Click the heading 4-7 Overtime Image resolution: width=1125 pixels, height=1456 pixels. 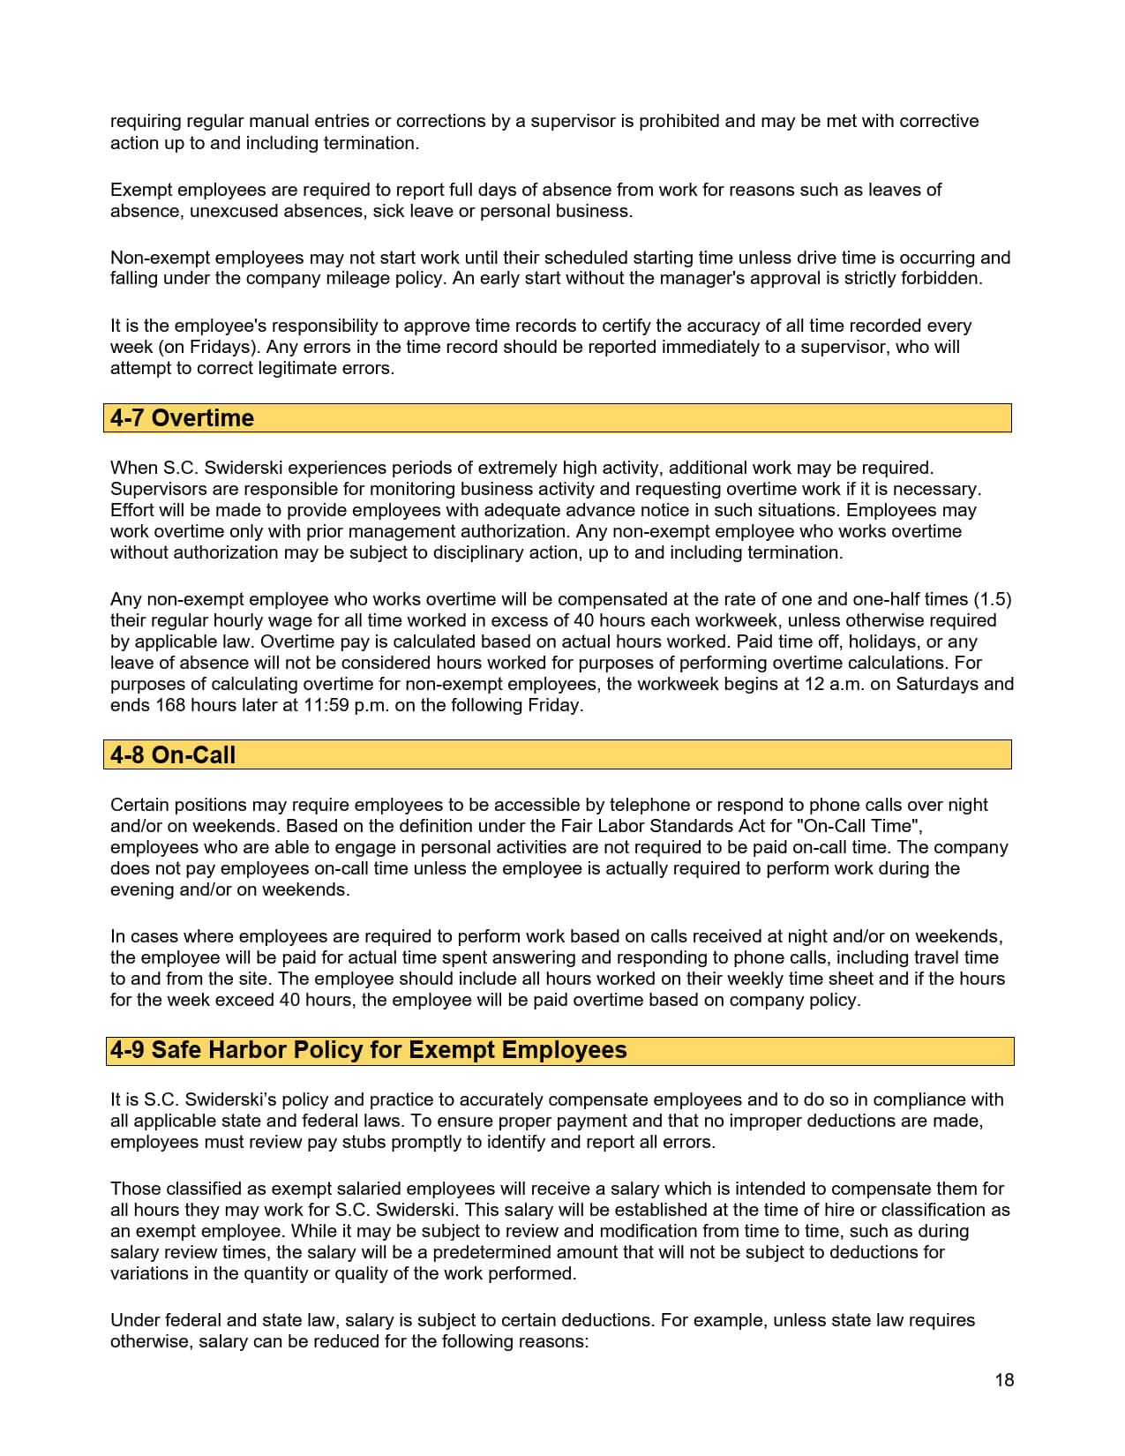click(182, 418)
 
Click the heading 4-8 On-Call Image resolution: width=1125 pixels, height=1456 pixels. click(173, 755)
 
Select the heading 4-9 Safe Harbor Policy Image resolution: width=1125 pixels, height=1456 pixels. click(368, 1050)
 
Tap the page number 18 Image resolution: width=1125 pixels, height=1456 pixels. click(1004, 1380)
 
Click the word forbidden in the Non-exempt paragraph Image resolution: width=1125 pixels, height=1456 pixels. click(942, 278)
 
